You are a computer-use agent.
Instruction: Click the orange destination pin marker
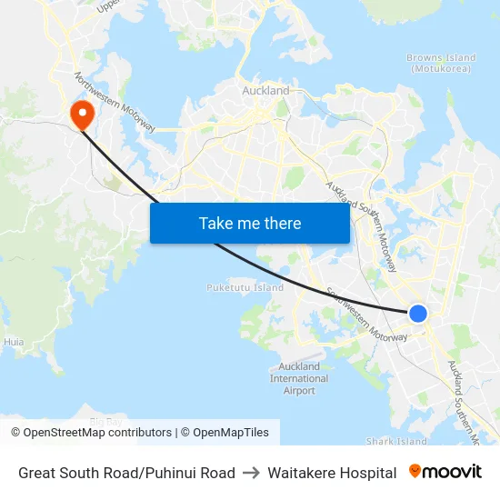click(x=82, y=114)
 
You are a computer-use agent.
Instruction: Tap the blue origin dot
click(x=417, y=314)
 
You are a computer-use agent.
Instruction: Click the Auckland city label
click(x=265, y=91)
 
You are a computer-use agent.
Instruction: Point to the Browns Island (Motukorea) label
click(x=438, y=63)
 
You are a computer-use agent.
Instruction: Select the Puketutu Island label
click(x=245, y=287)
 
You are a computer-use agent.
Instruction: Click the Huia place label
click(x=14, y=342)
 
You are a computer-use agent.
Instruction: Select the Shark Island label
click(x=395, y=441)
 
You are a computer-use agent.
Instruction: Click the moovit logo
click(x=445, y=472)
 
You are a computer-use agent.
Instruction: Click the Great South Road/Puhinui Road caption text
click(x=126, y=473)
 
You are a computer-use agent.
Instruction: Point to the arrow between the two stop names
click(x=251, y=473)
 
